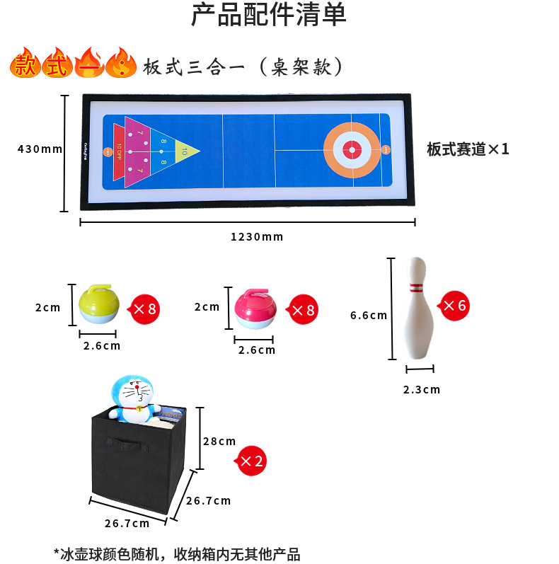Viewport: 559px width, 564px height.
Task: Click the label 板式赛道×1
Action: pos(468,149)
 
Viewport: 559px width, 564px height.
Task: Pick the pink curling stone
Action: pos(255,309)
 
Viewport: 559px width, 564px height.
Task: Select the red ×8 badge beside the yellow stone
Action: pos(144,308)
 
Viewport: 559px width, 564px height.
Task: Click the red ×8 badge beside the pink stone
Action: pos(303,309)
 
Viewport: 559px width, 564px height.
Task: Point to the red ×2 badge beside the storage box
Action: pos(250,461)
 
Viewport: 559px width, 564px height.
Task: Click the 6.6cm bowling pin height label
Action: pos(369,315)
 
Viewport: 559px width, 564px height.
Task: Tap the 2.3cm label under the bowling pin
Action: pos(422,389)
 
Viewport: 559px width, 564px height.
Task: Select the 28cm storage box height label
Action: pos(220,441)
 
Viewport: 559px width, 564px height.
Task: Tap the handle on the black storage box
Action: pos(129,447)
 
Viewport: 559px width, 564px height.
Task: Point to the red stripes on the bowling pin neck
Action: pos(417,288)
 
